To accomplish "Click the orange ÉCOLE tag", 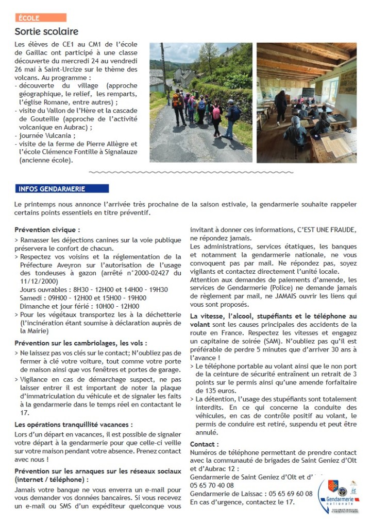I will pos(40,18).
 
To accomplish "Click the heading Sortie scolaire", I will pos(46,32).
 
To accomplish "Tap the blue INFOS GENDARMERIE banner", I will pos(61,189).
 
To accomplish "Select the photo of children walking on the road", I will pos(201,102).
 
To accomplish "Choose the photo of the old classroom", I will pos(307,102).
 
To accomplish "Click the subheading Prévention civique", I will pos(47,230).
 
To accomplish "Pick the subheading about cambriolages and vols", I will pos(80,343).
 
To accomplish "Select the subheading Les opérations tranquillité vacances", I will pos(73,425).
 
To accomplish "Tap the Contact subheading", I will pos(204,444).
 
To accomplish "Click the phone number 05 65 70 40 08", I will pos(212,485).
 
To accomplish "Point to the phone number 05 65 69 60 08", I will pos(288,494).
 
